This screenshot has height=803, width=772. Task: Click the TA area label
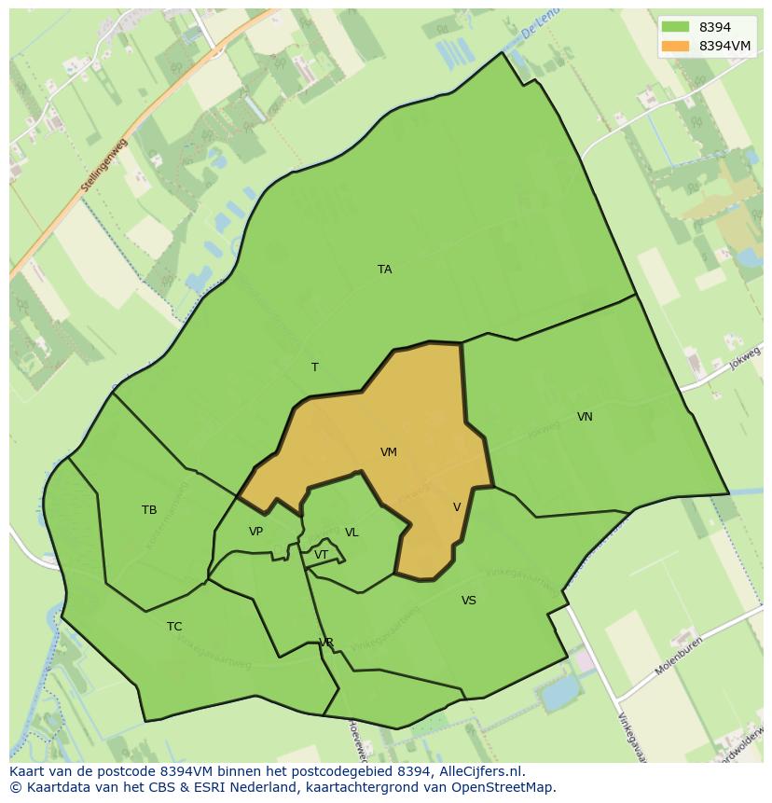pyautogui.click(x=384, y=270)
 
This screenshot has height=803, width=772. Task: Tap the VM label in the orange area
pyautogui.click(x=389, y=452)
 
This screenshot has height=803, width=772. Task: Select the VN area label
pyautogui.click(x=585, y=417)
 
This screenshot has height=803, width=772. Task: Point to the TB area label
pyautogui.click(x=149, y=510)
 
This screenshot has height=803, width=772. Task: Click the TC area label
pyautogui.click(x=174, y=627)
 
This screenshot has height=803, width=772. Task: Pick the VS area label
pyautogui.click(x=468, y=601)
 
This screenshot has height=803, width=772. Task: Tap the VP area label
pyautogui.click(x=255, y=532)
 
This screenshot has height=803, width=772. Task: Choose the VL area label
pyautogui.click(x=352, y=533)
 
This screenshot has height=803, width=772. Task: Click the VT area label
pyautogui.click(x=321, y=555)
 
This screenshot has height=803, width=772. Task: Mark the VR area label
pyautogui.click(x=326, y=643)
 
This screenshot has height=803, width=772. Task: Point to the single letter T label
pyautogui.click(x=315, y=367)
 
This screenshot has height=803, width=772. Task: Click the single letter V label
pyautogui.click(x=457, y=507)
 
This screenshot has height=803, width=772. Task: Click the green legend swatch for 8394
pyautogui.click(x=675, y=27)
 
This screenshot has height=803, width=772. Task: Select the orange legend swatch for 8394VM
pyautogui.click(x=675, y=46)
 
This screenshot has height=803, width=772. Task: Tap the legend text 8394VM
pyautogui.click(x=724, y=46)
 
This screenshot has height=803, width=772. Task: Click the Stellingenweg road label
pyautogui.click(x=103, y=166)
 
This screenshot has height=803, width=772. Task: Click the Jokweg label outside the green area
pyautogui.click(x=745, y=358)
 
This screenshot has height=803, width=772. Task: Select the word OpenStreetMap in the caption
pyautogui.click(x=506, y=787)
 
